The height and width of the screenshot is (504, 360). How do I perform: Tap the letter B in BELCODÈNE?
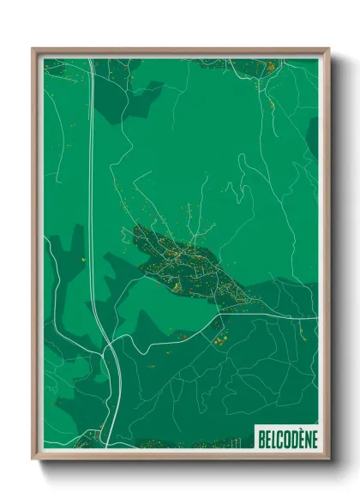(261, 439)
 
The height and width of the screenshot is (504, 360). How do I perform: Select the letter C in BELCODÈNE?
(278, 439)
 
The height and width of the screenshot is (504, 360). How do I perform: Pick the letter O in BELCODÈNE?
(284, 439)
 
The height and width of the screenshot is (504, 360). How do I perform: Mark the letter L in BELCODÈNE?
(272, 439)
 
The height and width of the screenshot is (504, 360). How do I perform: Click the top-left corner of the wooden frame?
(33, 50)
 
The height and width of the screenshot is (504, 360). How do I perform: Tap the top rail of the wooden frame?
(180, 52)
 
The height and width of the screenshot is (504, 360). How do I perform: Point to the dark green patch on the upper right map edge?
(312, 137)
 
